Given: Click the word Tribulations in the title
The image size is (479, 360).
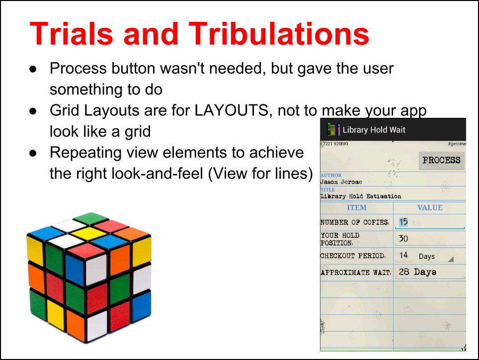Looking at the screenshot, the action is [x=279, y=34].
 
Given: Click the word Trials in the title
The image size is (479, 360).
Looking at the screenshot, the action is [x=72, y=34].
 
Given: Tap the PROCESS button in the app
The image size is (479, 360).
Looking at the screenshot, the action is [x=441, y=160].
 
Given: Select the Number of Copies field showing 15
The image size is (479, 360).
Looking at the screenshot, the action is [x=430, y=222].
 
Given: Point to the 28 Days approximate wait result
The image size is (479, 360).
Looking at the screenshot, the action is [x=417, y=271].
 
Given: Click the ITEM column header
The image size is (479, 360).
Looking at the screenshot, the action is [x=356, y=208].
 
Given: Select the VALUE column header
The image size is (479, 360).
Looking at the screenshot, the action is [x=430, y=208].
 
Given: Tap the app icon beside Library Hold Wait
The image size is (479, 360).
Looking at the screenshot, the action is [x=333, y=130].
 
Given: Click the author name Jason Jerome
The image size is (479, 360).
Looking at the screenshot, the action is [x=341, y=182].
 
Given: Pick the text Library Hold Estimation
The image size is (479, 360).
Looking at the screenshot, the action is [x=361, y=196].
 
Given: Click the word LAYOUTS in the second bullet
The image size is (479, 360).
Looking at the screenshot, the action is [x=231, y=110].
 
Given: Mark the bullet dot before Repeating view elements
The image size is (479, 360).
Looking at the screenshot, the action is [x=33, y=153].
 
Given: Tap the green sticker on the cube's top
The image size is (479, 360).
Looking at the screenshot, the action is [x=91, y=218].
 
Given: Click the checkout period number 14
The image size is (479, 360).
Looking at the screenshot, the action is [x=403, y=255].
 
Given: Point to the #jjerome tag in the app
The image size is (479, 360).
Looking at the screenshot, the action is [x=457, y=144].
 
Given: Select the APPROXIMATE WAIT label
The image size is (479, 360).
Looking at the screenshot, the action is [x=356, y=272].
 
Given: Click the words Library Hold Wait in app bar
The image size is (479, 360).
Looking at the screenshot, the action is [x=374, y=130].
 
